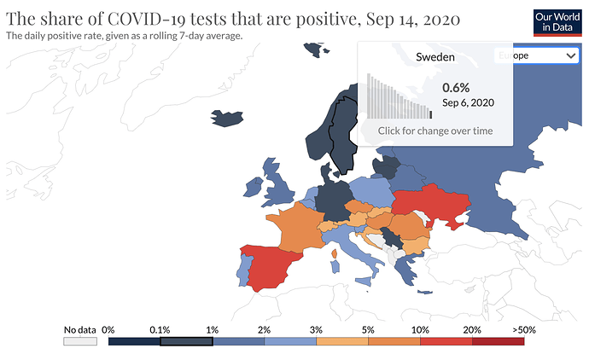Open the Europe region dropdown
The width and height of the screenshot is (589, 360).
coord(535,55)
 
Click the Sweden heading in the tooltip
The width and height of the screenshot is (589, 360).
coord(434,57)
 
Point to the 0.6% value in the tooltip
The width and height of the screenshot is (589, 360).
coord(456,87)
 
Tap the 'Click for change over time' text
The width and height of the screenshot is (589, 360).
coord(435,131)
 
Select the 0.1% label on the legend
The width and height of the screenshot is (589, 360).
coord(160,329)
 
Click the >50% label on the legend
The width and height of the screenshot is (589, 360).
coord(523,329)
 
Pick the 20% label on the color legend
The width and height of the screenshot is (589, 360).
coord(472,329)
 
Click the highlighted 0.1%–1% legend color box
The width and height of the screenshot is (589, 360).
coord(186,341)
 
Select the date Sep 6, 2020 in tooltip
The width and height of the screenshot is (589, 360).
coord(468,102)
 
